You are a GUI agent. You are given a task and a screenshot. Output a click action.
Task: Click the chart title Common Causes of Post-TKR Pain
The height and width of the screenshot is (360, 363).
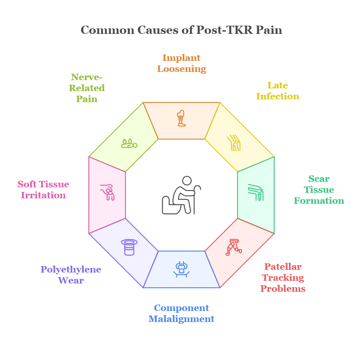tap(181, 30)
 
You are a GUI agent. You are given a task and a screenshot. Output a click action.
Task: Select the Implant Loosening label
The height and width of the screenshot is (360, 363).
tap(181, 64)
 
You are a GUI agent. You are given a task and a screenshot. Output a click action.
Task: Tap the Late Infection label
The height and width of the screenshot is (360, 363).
tap(277, 91)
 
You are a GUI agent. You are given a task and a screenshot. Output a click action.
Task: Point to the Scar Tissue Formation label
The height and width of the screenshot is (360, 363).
tap(319, 190)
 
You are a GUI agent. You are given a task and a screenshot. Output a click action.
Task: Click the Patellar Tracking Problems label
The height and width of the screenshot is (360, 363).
tap(283, 278)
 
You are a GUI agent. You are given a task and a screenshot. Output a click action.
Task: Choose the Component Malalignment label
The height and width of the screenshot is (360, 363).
tap(181, 313)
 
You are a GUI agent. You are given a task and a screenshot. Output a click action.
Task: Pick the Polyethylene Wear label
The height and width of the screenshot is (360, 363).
tap(71, 275)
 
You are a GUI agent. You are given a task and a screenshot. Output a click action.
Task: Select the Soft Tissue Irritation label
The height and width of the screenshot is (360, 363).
tap(43, 190)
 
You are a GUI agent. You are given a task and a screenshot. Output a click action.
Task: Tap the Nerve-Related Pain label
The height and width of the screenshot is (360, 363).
tap(87, 88)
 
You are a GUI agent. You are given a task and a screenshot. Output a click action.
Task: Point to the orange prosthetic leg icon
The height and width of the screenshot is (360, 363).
tap(181, 118)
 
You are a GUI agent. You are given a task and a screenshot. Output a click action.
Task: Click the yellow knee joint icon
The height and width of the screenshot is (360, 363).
tap(234, 143)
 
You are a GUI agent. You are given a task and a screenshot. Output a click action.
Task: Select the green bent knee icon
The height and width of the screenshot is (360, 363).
tap(255, 192)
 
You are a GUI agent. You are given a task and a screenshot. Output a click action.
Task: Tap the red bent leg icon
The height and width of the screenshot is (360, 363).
tap(234, 247)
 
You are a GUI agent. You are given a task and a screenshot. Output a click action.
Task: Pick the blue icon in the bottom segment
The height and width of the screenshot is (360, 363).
tap(181, 268)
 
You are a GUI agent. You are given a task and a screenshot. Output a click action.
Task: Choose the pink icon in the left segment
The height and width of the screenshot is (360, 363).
tap(108, 192)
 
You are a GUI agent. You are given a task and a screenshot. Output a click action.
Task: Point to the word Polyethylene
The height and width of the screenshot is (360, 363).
tap(71, 269)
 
